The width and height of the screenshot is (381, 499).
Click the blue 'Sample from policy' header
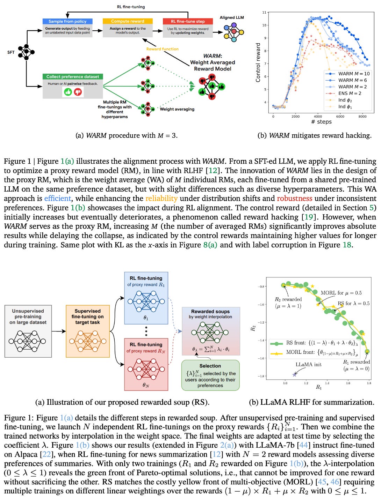click(67, 21)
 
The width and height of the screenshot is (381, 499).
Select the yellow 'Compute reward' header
click(128, 21)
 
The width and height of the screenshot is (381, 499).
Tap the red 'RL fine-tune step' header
click(188, 21)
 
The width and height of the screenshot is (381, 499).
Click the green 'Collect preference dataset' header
click(73, 76)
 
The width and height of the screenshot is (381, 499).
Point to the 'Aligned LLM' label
click(232, 17)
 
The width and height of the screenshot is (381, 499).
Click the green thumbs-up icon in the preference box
click(68, 92)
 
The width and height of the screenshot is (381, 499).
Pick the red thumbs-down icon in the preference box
click(78, 92)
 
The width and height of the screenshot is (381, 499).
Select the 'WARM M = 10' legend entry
click(353, 74)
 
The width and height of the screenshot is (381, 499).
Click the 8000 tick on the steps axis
click(362, 117)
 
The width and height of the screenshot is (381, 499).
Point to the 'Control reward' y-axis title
click(258, 63)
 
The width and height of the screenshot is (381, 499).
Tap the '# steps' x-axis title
click(321, 122)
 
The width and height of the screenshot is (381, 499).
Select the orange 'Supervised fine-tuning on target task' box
click(87, 331)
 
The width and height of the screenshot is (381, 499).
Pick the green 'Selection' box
click(210, 375)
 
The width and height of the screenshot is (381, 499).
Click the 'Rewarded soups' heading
click(210, 311)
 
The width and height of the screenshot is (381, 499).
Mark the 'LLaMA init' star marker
click(294, 374)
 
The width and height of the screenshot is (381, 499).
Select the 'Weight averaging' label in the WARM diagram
click(177, 109)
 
